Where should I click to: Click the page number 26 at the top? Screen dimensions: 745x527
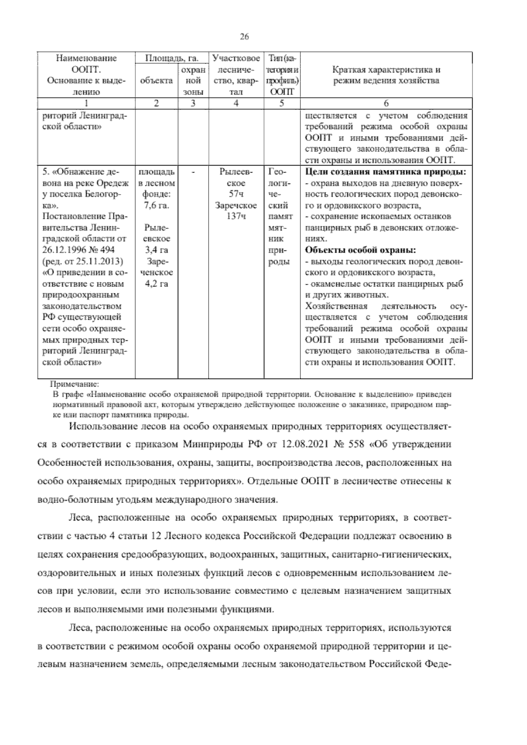[x=245, y=37]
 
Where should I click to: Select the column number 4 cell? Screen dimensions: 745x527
[x=236, y=104]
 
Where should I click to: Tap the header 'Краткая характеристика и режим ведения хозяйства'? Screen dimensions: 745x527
[x=386, y=75]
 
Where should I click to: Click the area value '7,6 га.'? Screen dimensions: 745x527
[x=156, y=206]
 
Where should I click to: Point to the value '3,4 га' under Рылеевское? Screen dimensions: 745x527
[x=157, y=251]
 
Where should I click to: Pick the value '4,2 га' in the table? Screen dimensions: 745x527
[x=156, y=284]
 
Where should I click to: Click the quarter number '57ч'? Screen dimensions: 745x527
[x=236, y=194]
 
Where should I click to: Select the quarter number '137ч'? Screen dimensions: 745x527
[x=236, y=217]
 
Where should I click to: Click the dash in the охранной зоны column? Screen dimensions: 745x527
[x=193, y=172]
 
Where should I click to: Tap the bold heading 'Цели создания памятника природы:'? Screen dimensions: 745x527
[x=385, y=172]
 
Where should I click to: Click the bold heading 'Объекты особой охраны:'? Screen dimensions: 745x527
[x=360, y=251]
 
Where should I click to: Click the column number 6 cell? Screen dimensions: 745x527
[x=386, y=104]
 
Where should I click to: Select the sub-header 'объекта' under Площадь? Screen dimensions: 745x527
[x=156, y=81]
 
